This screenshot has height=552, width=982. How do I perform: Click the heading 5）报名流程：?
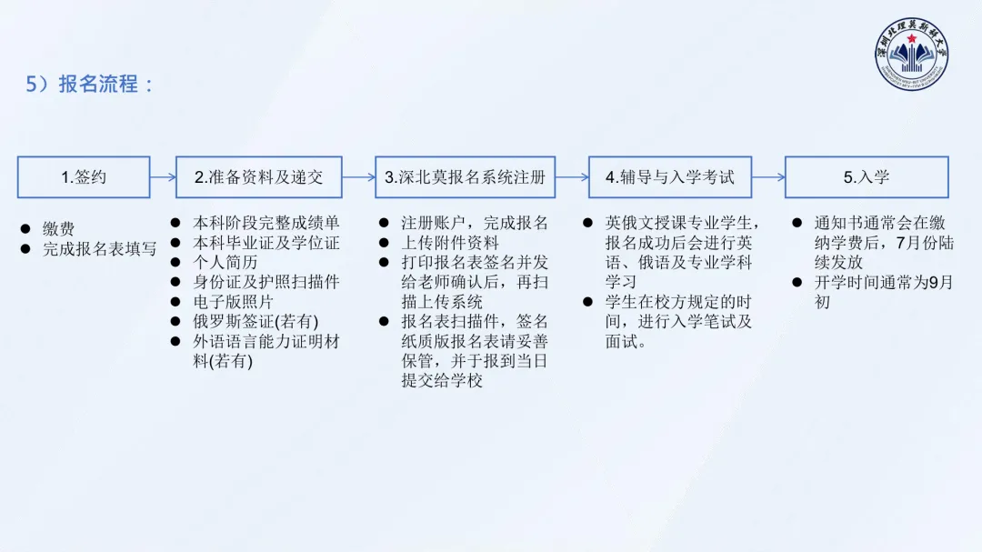[90, 85]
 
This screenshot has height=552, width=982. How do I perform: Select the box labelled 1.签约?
[84, 177]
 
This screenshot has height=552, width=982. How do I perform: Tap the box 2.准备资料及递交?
[258, 177]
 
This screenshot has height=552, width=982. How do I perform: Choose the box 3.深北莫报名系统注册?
[465, 177]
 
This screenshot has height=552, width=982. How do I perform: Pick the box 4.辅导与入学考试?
[669, 177]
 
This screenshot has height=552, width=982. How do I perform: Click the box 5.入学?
[866, 177]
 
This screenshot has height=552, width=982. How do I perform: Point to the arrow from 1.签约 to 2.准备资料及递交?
[163, 177]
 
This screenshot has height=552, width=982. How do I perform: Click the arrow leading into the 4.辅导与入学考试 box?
[571, 177]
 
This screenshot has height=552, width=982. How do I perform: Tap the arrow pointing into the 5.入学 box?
[768, 177]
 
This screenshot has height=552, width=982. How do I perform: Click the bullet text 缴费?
[58, 228]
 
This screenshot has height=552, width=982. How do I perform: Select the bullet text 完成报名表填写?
[99, 248]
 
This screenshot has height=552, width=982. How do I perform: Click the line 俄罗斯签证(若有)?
[256, 322]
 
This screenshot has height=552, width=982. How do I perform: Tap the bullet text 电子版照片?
[234, 302]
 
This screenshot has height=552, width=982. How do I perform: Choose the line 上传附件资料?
[450, 242]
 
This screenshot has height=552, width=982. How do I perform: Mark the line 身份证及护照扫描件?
[266, 282]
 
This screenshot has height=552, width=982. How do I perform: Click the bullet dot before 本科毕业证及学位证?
[175, 243]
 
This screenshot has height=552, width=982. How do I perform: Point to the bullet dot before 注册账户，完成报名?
[383, 223]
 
